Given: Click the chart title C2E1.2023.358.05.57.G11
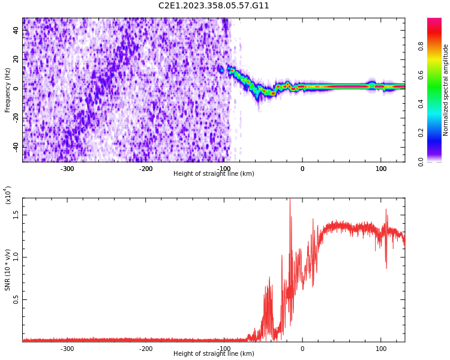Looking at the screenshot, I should click(x=214, y=6).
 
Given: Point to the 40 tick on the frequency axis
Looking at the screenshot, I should click(x=16, y=31).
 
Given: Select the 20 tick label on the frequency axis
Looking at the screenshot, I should click(x=16, y=59).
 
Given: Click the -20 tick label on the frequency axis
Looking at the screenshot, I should click(x=15, y=118).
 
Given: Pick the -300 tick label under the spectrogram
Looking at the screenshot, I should click(x=67, y=169).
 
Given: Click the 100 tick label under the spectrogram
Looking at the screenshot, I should click(x=381, y=169).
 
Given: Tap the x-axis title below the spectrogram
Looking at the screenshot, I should click(x=214, y=174).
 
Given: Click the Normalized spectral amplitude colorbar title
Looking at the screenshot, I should click(x=446, y=90).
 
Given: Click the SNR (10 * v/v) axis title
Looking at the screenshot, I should click(x=8, y=270).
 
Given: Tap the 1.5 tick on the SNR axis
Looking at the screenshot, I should click(x=16, y=215).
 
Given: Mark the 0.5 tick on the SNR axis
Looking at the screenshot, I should click(x=16, y=300).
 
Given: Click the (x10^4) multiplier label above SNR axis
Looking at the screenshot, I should click(x=8, y=195).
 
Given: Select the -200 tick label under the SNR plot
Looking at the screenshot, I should click(x=146, y=349).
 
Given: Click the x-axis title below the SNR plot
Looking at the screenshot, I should click(x=214, y=354).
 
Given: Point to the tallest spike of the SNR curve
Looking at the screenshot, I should click(x=290, y=200).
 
